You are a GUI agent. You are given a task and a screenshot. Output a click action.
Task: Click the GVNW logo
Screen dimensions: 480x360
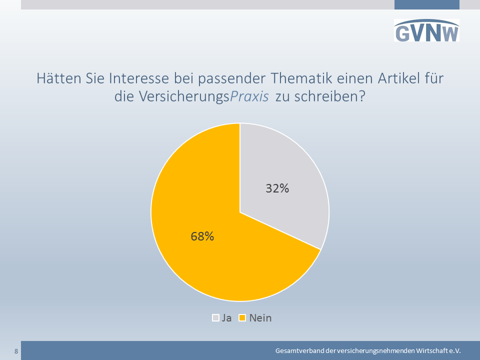[426, 30]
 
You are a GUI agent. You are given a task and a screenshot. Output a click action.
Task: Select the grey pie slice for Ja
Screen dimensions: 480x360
[281, 183]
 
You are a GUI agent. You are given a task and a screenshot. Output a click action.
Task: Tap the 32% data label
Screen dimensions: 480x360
[277, 188]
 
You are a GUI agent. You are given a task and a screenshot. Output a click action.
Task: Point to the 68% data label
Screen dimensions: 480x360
[202, 236]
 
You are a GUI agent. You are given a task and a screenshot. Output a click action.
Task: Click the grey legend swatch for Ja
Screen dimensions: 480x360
[215, 318]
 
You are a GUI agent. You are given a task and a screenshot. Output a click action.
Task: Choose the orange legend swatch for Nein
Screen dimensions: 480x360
[242, 318]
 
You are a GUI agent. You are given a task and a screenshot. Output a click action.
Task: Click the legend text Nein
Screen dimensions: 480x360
[260, 318]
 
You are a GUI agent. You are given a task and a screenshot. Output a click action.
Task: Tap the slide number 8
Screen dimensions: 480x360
[16, 351]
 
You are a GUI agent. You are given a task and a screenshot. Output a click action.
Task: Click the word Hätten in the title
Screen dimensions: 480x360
[58, 78]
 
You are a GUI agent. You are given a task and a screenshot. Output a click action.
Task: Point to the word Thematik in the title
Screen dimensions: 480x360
[301, 78]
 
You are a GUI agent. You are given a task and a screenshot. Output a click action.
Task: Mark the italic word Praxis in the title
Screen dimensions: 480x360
[249, 96]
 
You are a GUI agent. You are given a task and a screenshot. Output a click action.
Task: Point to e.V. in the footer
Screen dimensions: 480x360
[455, 351]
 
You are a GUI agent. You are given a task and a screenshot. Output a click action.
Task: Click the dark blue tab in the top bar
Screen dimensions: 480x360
[426, 4]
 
